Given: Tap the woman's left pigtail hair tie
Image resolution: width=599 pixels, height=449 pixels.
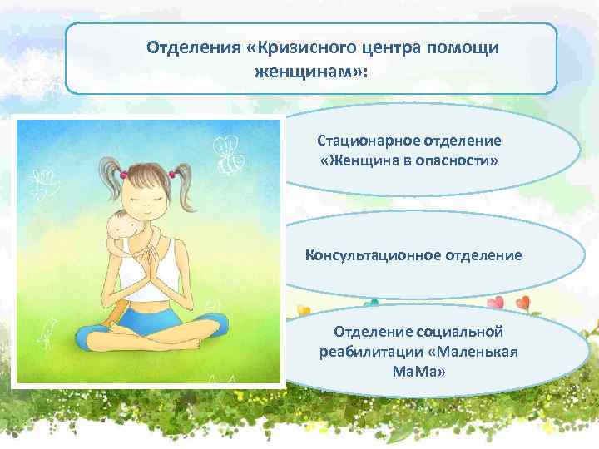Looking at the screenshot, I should click(123, 174).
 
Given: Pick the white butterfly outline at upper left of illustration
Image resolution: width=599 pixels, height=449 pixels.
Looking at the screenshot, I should click(42, 179).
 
